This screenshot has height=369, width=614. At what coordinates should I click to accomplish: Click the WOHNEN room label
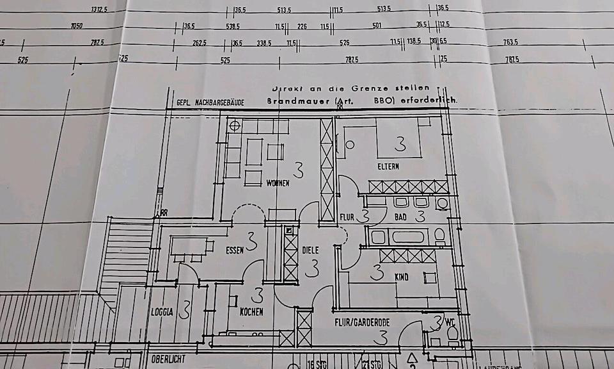[x=278, y=183]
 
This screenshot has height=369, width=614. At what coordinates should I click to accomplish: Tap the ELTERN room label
[x=388, y=167]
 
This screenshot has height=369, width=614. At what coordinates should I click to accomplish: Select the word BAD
[x=400, y=217]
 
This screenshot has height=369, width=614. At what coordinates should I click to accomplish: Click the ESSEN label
[x=234, y=250]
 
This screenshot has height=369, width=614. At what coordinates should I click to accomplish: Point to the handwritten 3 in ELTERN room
[x=400, y=143]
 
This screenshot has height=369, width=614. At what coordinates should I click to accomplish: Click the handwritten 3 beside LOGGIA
[x=185, y=310]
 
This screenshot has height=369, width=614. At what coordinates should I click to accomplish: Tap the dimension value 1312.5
[x=98, y=10]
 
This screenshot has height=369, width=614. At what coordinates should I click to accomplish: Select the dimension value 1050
[x=76, y=26]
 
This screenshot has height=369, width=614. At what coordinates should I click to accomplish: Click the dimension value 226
[x=303, y=26]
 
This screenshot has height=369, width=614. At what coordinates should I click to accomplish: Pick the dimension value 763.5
[x=510, y=42]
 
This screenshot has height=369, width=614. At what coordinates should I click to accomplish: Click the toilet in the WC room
[x=452, y=332]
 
